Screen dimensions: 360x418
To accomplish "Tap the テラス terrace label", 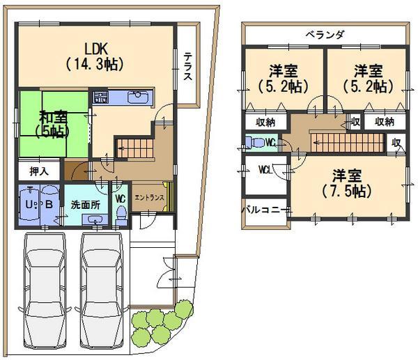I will pyautogui.click(x=188, y=68).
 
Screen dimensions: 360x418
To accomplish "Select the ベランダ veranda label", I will pyautogui.click(x=325, y=34).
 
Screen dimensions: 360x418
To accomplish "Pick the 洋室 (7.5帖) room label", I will pyautogui.click(x=346, y=181).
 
